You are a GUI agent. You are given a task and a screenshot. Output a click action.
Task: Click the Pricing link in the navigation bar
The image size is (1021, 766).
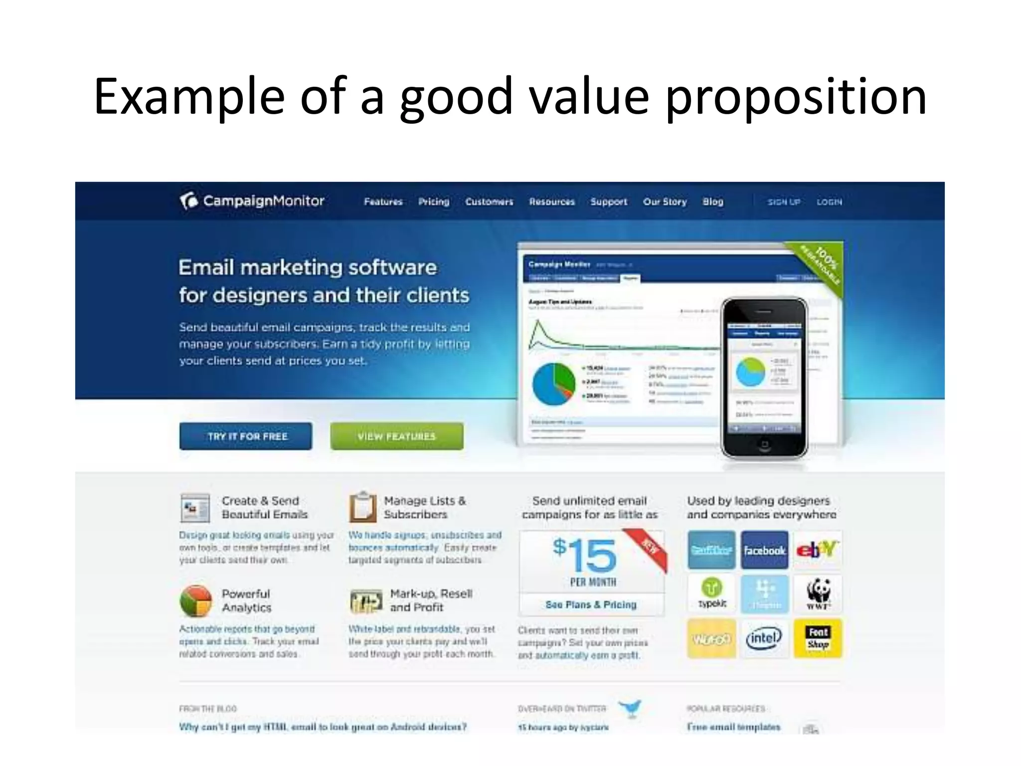pyautogui.click(x=433, y=201)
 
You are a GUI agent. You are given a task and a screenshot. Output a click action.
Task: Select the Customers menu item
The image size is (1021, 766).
pyautogui.click(x=489, y=201)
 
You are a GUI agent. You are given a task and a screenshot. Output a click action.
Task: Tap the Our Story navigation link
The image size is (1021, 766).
pyautogui.click(x=665, y=201)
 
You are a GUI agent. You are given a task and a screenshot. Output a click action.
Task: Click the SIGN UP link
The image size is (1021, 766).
pyautogui.click(x=784, y=202)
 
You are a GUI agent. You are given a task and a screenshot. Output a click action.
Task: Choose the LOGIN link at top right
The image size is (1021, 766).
pyautogui.click(x=829, y=202)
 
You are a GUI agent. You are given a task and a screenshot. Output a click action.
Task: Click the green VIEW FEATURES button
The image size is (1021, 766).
pyautogui.click(x=396, y=436)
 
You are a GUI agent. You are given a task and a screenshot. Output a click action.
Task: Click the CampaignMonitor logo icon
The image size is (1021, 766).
pyautogui.click(x=189, y=201)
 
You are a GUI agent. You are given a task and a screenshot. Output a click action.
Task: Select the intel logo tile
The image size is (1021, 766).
pyautogui.click(x=764, y=638)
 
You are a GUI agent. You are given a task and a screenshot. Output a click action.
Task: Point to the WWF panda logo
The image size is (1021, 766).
pyautogui.click(x=818, y=593)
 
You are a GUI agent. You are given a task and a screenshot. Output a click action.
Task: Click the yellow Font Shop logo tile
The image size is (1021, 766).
pyautogui.click(x=818, y=638)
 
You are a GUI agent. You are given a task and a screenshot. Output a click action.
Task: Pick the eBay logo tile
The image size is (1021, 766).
pyautogui.click(x=818, y=550)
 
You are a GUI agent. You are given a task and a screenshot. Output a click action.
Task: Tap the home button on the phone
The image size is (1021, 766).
pyautogui.click(x=764, y=444)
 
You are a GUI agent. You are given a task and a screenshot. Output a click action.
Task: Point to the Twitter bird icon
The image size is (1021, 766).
pyautogui.click(x=631, y=708)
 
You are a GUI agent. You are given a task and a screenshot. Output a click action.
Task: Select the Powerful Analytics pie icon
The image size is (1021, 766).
pyautogui.click(x=196, y=601)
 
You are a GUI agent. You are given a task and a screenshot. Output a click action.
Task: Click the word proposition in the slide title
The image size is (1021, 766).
pyautogui.click(x=796, y=96)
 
